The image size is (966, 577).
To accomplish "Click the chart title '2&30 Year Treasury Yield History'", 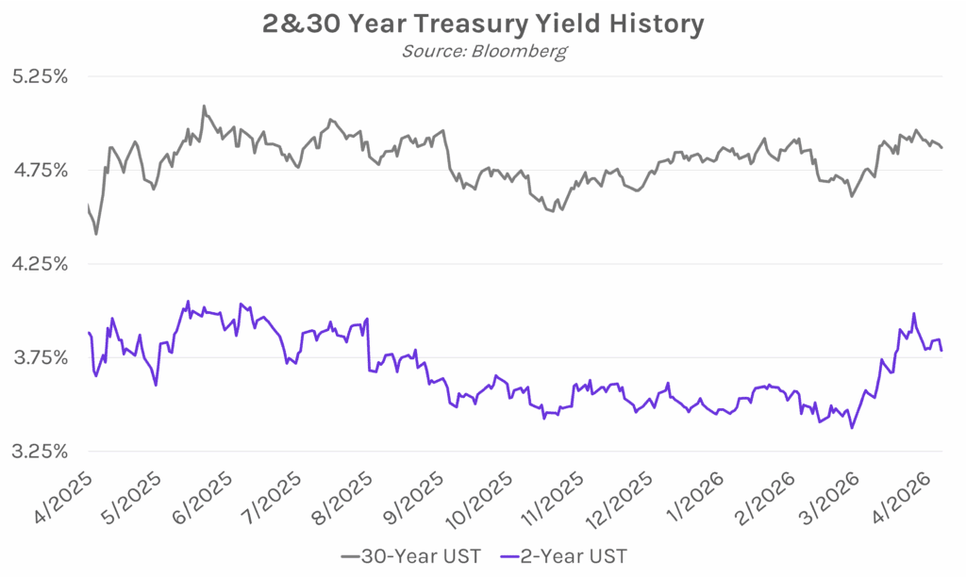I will [x=483, y=23].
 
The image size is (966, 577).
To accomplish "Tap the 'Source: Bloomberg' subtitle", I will [x=483, y=51].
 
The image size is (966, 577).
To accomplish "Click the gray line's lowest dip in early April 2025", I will [x=96, y=234].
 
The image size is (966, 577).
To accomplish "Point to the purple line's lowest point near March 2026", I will [x=852, y=428].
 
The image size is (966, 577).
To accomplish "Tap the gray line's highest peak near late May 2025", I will [x=204, y=107].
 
